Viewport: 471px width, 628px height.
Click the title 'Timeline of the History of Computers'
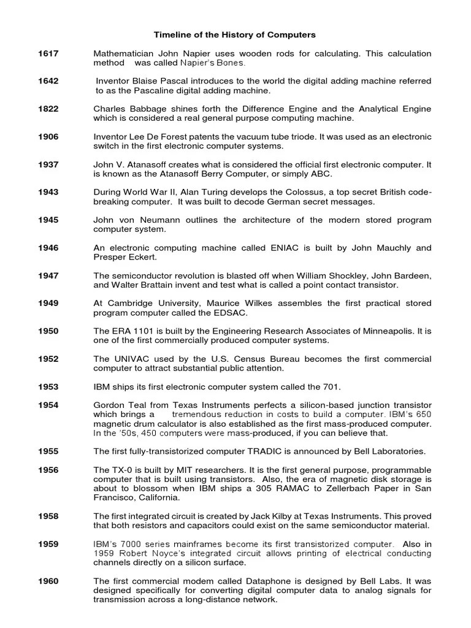point(234,35)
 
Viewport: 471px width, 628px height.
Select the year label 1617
point(48,54)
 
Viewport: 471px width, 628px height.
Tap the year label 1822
point(48,109)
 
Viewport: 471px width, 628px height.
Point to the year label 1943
point(48,192)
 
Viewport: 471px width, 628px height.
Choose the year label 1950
point(48,331)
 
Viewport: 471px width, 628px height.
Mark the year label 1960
point(48,581)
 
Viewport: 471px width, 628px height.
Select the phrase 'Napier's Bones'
point(213,63)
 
